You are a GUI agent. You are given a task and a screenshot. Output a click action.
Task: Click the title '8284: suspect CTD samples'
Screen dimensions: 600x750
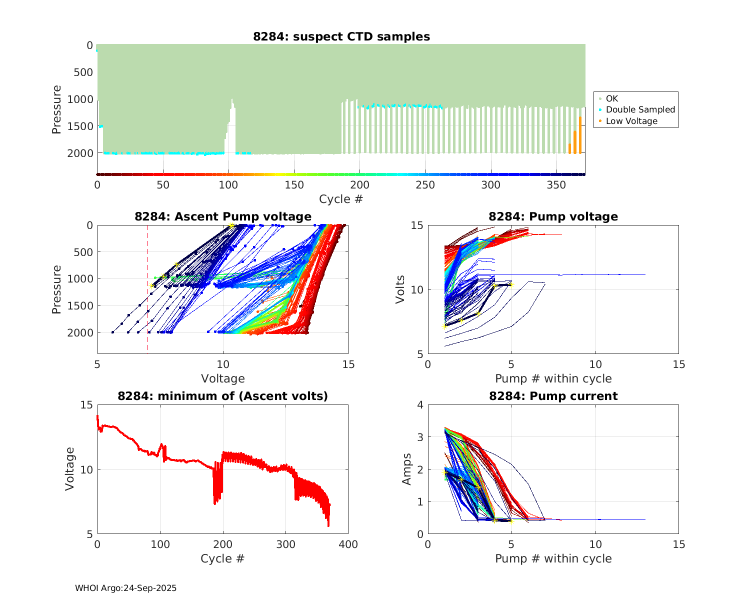coord(341,36)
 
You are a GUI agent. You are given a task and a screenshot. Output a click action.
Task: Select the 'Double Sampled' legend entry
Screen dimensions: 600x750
coord(640,109)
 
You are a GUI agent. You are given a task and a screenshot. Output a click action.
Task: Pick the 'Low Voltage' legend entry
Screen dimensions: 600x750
coord(631,121)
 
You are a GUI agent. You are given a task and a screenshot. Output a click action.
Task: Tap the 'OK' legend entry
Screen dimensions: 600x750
coord(612,98)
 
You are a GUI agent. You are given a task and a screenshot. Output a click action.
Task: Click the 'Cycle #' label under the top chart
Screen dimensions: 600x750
coord(341,199)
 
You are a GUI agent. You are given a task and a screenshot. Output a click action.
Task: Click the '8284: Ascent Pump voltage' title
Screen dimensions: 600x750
coord(223,216)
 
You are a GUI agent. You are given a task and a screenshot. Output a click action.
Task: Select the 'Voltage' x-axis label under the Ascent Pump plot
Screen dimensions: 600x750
coord(223,378)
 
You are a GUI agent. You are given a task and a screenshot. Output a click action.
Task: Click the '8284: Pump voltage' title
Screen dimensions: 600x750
coord(553,216)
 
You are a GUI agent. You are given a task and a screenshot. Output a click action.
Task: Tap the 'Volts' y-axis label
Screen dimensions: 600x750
coord(400,289)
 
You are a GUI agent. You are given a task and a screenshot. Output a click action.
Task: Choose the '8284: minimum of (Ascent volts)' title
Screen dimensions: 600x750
coord(223,396)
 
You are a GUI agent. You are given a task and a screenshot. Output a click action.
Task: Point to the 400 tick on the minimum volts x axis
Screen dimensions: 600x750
coord(348,544)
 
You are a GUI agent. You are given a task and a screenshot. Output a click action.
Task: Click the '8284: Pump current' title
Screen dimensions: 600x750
coord(553,396)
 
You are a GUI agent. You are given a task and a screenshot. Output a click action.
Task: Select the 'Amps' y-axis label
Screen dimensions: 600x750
coord(407,469)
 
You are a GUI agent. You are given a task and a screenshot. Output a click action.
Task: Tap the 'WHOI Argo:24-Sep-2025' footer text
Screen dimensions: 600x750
coord(126,588)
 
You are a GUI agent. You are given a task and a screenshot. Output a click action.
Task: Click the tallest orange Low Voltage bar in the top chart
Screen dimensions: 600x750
coord(580,135)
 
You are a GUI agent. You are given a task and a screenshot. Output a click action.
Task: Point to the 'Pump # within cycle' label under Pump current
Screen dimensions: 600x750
coord(553,558)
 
